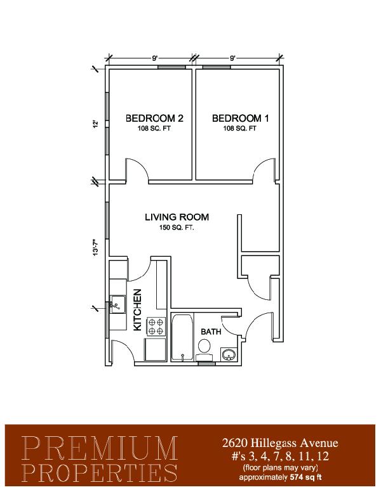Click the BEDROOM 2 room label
pyautogui.click(x=154, y=119)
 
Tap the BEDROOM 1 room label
pyautogui.click(x=241, y=119)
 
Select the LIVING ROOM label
pyautogui.click(x=177, y=217)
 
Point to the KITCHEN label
pyautogui.click(x=138, y=309)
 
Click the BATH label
pyautogui.click(x=211, y=332)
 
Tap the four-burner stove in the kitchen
pyautogui.click(x=156, y=327)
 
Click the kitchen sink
pyautogui.click(x=117, y=304)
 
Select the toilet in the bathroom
pyautogui.click(x=204, y=350)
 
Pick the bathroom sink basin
pyautogui.click(x=229, y=354)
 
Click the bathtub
pyautogui.click(x=182, y=337)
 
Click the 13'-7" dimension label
pyautogui.click(x=95, y=248)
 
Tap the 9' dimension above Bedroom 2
pyautogui.click(x=155, y=58)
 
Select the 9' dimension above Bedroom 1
pyautogui.click(x=232, y=58)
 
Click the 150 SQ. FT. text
pyautogui.click(x=177, y=228)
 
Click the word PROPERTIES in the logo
pyautogui.click(x=100, y=473)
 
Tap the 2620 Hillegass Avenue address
pyautogui.click(x=280, y=443)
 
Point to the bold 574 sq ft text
pyautogui.click(x=305, y=477)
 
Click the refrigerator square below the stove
pyautogui.click(x=155, y=349)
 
